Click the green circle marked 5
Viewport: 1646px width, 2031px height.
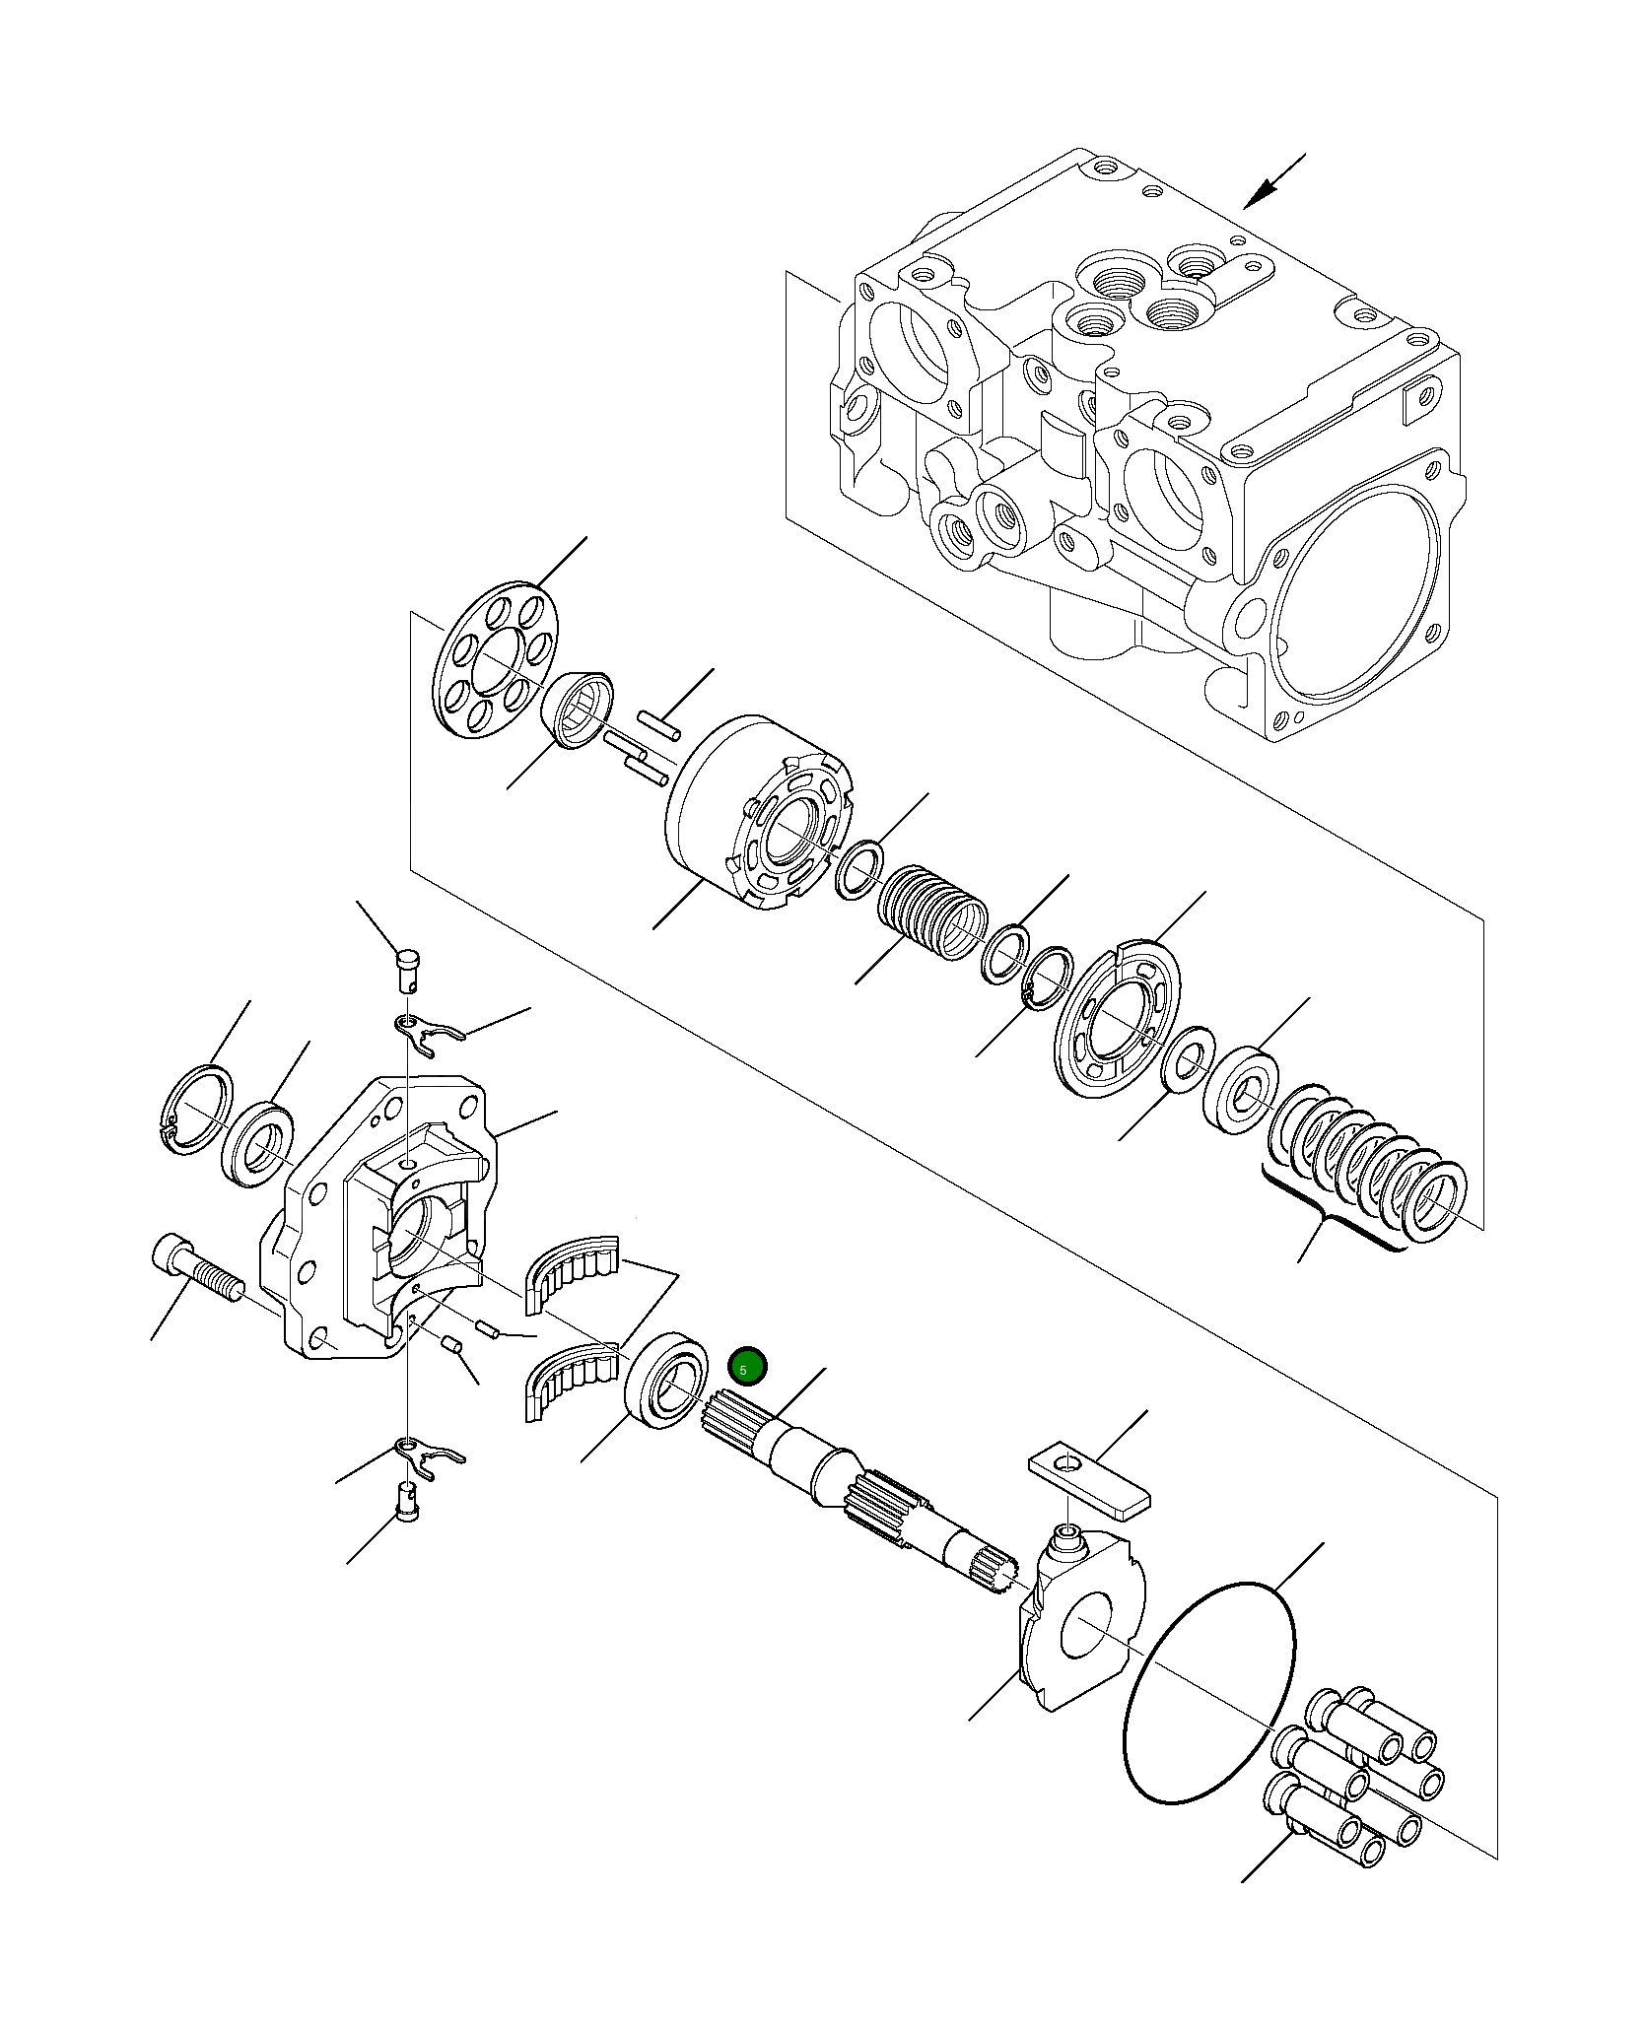746,1366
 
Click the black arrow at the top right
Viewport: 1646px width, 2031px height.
1272,182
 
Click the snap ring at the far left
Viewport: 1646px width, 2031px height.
196,1108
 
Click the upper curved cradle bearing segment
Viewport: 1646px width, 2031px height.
572,1271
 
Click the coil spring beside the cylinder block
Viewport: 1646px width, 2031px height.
931,913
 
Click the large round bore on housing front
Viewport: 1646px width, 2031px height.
1355,610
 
